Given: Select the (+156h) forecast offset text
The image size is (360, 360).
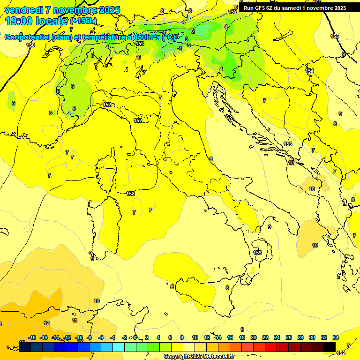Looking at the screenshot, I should [x=83, y=21].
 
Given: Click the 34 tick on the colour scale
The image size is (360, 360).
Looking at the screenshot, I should [x=336, y=337].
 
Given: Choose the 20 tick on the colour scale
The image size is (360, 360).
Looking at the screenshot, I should [x=254, y=337].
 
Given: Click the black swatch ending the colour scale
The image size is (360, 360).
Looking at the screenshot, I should [x=330, y=347].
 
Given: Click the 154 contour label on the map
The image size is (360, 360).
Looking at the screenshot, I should [x=309, y=71].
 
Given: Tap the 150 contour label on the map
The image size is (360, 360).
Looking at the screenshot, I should [x=30, y=45].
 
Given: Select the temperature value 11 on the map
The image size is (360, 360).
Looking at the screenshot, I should [x=75, y=320].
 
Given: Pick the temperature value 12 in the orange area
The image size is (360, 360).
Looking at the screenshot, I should [x=46, y=323].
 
